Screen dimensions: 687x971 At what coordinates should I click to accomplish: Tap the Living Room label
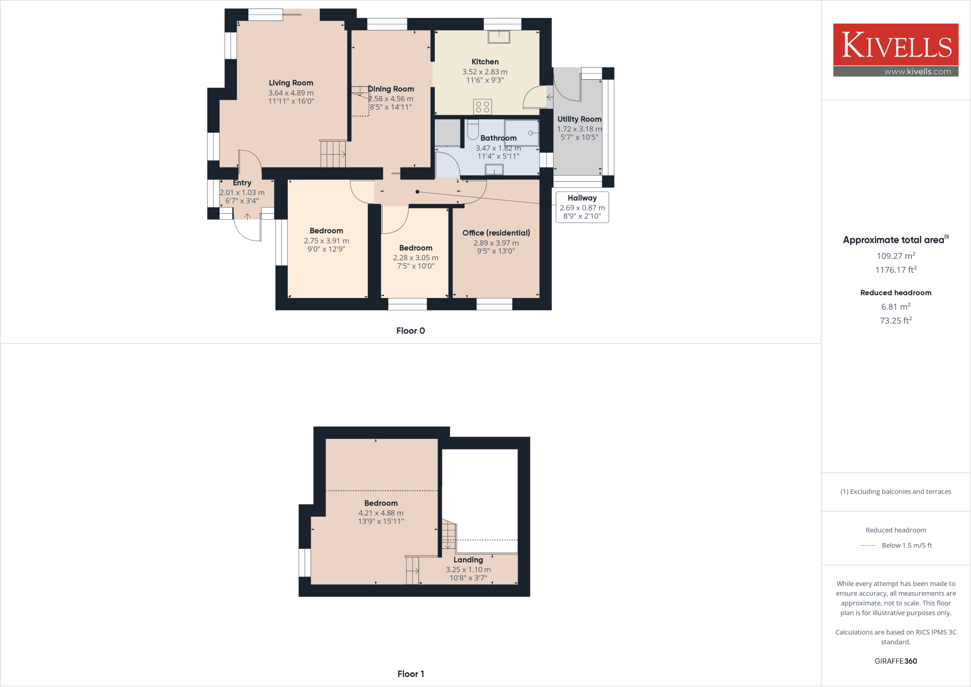[291, 83]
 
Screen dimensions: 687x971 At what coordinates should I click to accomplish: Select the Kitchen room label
[485, 62]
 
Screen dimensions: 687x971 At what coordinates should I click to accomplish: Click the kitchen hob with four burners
[483, 107]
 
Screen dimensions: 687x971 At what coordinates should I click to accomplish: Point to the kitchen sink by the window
[499, 37]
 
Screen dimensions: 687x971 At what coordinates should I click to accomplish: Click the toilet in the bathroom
[473, 129]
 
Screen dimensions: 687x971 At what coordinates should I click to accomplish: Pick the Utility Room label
[579, 119]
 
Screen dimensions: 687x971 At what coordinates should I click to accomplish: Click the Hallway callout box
[582, 207]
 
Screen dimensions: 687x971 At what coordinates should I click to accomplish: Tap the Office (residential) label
[496, 233]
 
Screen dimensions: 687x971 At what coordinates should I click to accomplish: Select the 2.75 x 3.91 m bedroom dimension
[326, 241]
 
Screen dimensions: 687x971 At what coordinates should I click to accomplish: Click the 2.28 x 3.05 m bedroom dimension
[415, 258]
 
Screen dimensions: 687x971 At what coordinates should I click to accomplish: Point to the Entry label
[242, 183]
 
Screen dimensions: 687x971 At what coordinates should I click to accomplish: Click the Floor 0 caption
[411, 331]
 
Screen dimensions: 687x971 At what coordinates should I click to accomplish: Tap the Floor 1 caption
[411, 674]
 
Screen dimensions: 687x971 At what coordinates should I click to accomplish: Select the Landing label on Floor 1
[468, 560]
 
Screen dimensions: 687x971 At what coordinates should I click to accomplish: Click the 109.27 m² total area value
[896, 256]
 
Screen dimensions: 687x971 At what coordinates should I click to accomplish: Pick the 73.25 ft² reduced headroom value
[896, 321]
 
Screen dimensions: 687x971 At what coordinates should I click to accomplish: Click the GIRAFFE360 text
[896, 661]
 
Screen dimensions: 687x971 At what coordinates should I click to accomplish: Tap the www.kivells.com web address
[917, 72]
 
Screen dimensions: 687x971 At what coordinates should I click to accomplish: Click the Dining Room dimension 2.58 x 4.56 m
[391, 99]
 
